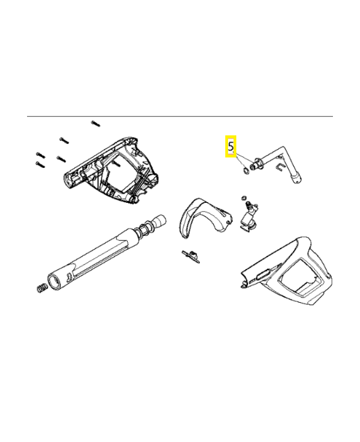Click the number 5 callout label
[x=231, y=147]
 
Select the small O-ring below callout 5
[x=243, y=170]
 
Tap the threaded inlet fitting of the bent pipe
[x=255, y=164]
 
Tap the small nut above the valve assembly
[x=243, y=197]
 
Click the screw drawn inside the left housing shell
[x=117, y=164]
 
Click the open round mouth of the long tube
[x=56, y=278]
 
